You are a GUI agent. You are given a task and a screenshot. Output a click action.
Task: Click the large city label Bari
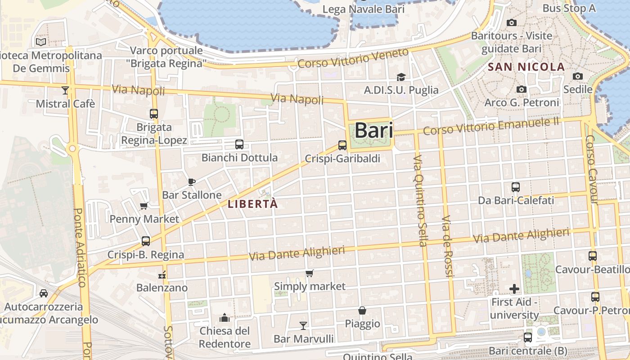click(373, 131)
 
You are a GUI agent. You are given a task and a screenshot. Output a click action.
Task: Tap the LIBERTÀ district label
click(252, 204)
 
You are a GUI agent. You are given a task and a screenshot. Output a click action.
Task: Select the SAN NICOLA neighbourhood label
click(526, 67)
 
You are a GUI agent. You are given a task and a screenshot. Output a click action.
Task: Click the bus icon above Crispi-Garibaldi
click(342, 145)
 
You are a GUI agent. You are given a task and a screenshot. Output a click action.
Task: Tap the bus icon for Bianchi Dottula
click(239, 144)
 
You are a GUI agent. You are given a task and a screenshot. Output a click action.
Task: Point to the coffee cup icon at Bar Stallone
click(192, 182)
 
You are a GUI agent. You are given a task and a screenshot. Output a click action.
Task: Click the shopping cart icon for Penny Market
click(144, 206)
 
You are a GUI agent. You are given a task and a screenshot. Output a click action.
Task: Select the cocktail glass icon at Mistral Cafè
click(65, 90)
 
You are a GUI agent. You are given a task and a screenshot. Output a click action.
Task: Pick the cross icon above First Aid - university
click(514, 288)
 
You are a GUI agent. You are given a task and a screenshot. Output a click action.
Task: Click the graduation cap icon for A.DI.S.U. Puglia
click(401, 77)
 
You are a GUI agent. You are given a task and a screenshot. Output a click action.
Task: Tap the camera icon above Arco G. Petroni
click(522, 89)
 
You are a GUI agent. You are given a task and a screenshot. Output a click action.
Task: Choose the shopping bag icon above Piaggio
click(362, 310)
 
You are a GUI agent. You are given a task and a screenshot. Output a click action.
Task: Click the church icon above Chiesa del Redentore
click(225, 318)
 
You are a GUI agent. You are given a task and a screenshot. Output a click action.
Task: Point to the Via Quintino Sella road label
click(421, 201)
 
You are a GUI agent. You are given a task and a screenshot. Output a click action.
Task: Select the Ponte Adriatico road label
click(80, 247)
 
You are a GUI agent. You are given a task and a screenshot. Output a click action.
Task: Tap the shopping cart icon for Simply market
click(310, 273)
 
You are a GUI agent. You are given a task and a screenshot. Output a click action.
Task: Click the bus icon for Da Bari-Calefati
click(516, 187)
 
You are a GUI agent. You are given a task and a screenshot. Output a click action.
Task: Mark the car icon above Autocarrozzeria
click(44, 293)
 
